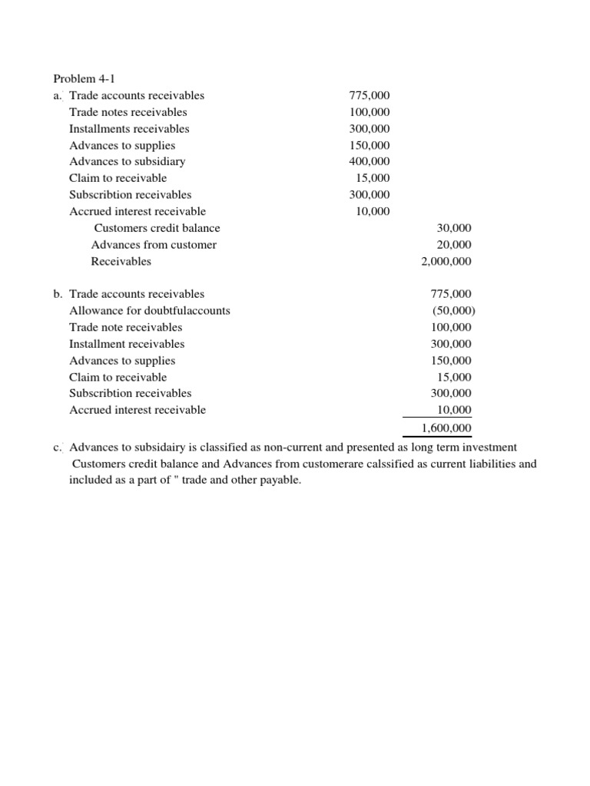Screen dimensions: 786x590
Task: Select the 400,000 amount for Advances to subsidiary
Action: pos(370,162)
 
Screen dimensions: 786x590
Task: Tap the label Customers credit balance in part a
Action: pos(157,228)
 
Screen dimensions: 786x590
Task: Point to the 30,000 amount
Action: pos(454,228)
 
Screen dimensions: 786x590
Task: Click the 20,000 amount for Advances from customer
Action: pos(454,245)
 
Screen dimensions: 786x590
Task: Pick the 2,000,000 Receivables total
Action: pos(446,262)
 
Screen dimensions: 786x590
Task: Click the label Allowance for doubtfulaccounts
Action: pos(150,311)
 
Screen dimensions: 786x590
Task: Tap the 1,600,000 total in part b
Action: pos(446,428)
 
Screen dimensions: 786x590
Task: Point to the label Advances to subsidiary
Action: pos(127,162)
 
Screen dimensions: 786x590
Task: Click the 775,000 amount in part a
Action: pos(370,96)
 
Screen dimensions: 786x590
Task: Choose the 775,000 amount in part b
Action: pos(452,294)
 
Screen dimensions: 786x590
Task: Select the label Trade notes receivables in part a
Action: pos(128,112)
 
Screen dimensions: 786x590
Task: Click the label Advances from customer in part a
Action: pos(154,245)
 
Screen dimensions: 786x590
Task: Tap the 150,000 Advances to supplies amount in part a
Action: pos(370,145)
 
